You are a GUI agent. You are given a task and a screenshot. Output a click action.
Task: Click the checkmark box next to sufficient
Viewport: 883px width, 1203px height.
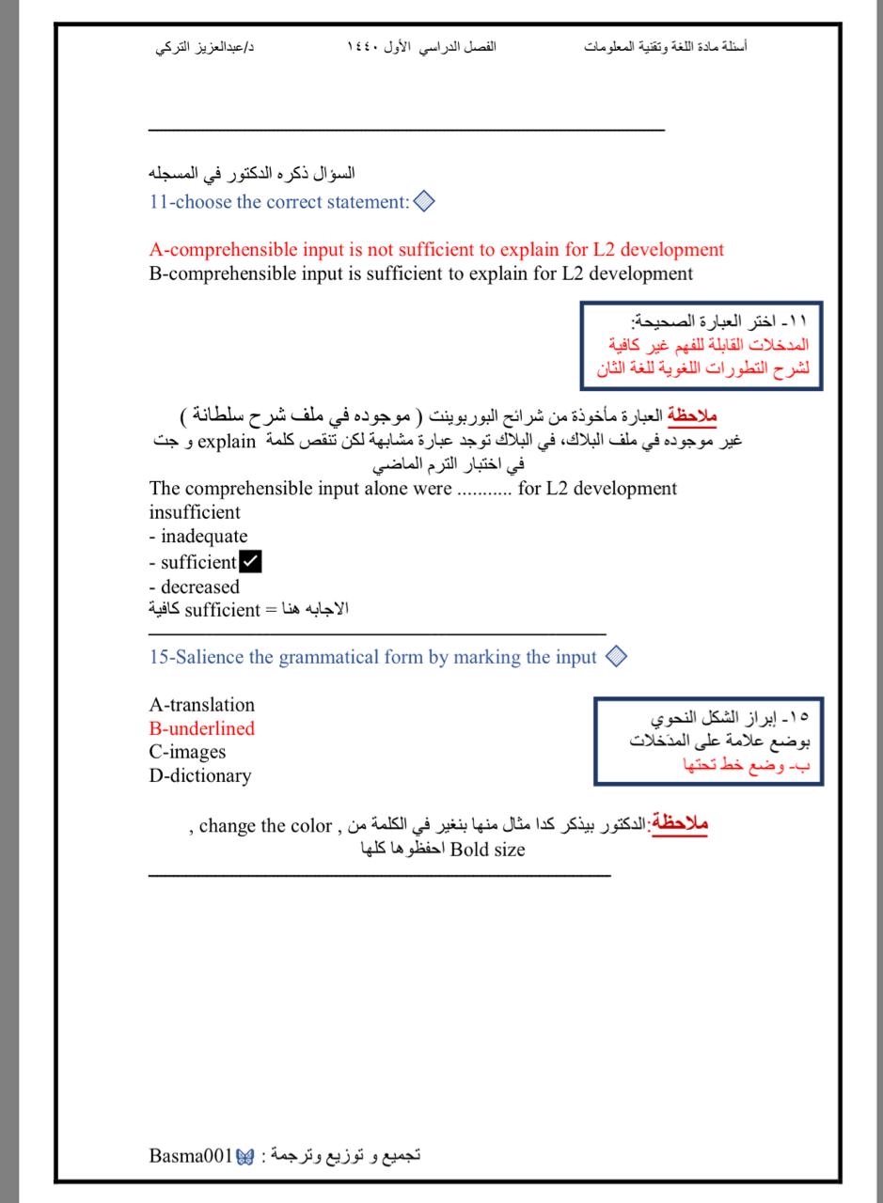(x=251, y=562)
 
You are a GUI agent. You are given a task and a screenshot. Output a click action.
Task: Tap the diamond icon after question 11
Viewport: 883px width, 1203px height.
(x=424, y=201)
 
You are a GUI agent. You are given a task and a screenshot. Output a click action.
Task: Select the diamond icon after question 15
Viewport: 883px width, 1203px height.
(x=617, y=657)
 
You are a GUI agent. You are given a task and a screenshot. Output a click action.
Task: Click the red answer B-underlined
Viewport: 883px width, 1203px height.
(x=201, y=728)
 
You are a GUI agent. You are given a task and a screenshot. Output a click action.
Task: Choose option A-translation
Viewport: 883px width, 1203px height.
(x=201, y=705)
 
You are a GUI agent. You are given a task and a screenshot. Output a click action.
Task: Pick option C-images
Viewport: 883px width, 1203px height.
(x=187, y=752)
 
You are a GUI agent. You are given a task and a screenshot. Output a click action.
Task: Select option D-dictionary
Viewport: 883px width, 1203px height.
(x=199, y=776)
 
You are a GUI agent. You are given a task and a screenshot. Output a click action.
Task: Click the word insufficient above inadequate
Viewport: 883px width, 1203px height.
(x=195, y=513)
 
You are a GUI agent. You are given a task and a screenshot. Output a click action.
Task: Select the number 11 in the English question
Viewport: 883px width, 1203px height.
(x=159, y=202)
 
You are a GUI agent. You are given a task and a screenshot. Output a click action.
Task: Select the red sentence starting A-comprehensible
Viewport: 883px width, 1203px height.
(x=436, y=250)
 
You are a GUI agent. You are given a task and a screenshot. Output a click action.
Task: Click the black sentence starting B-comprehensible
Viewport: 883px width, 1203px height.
(x=420, y=274)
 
